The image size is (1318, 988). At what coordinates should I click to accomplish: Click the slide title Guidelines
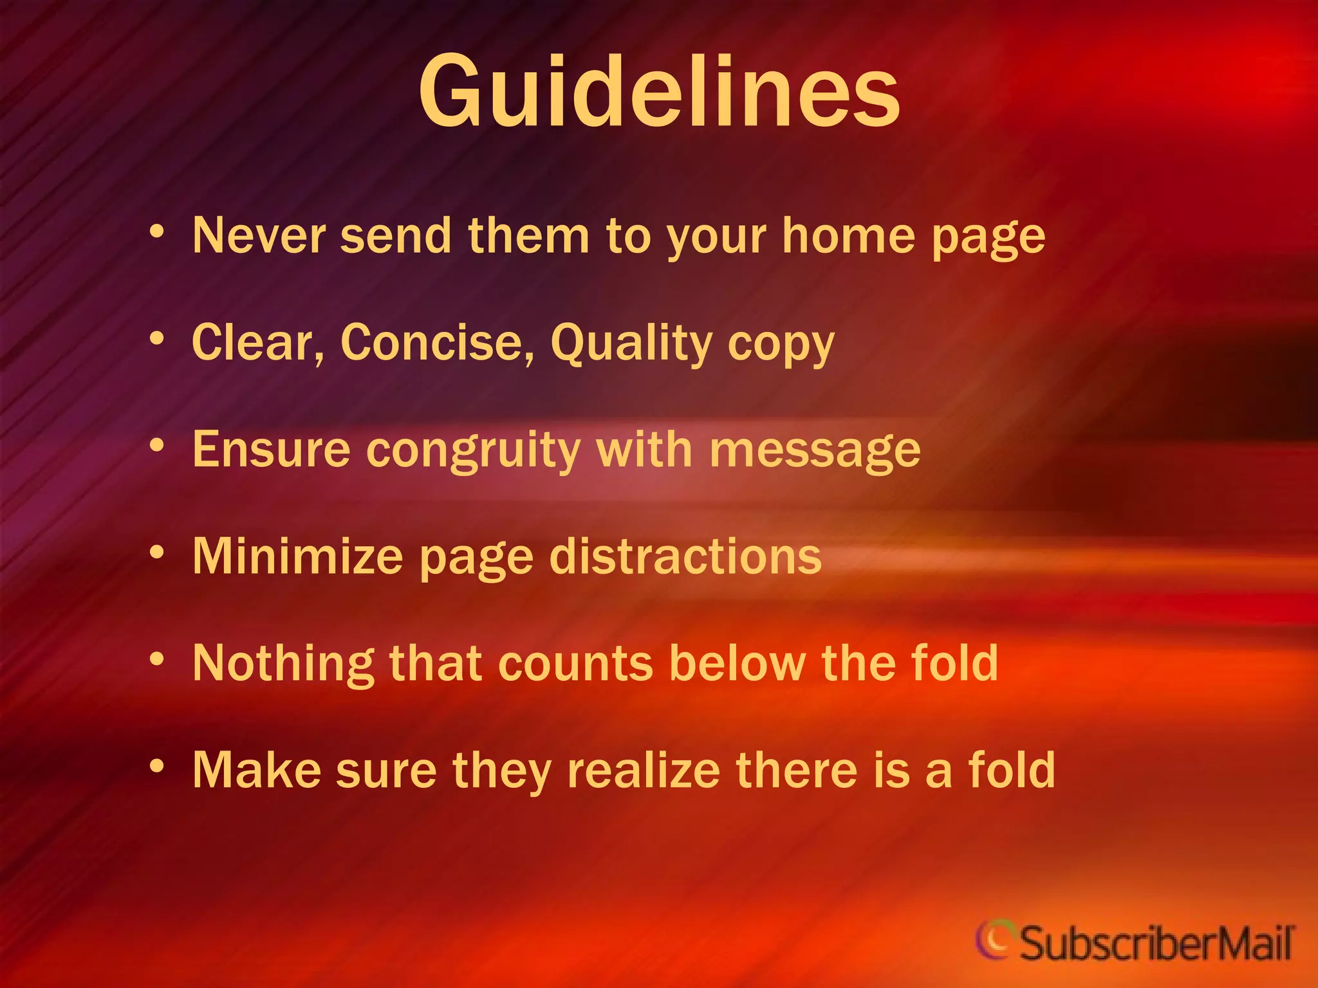[x=659, y=91]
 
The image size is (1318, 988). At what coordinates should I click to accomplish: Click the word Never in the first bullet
[x=259, y=236]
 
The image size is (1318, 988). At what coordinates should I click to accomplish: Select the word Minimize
[x=297, y=556]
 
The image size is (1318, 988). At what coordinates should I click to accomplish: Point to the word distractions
[x=685, y=556]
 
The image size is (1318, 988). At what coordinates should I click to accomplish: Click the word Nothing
[x=283, y=664]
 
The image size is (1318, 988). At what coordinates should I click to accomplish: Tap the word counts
[x=576, y=664]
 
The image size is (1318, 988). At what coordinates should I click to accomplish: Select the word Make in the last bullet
[x=257, y=770]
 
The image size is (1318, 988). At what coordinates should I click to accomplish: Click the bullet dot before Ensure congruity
[x=157, y=445]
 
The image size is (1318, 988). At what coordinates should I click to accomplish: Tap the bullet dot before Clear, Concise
[x=157, y=338]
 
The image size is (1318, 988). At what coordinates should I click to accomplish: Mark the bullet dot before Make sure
[x=157, y=766]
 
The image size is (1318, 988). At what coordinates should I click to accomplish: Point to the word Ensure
[x=272, y=450]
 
